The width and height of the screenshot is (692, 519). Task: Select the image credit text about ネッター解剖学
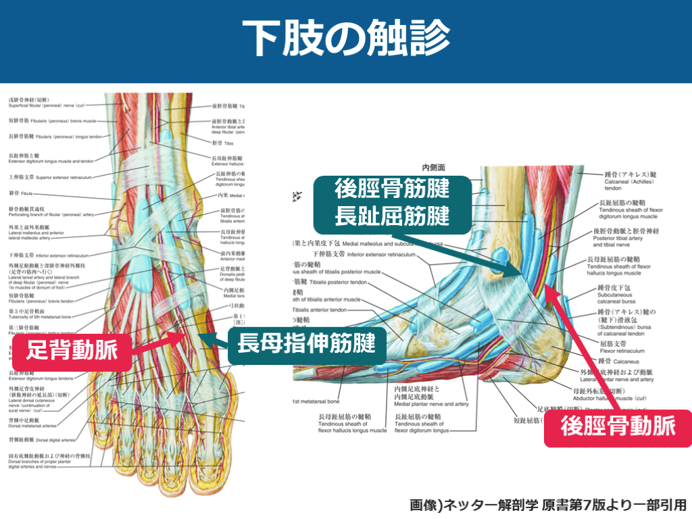click(x=547, y=505)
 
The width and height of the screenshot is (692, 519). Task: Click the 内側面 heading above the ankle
click(x=433, y=166)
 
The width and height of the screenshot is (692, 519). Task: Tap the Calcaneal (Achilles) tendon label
click(x=625, y=184)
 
